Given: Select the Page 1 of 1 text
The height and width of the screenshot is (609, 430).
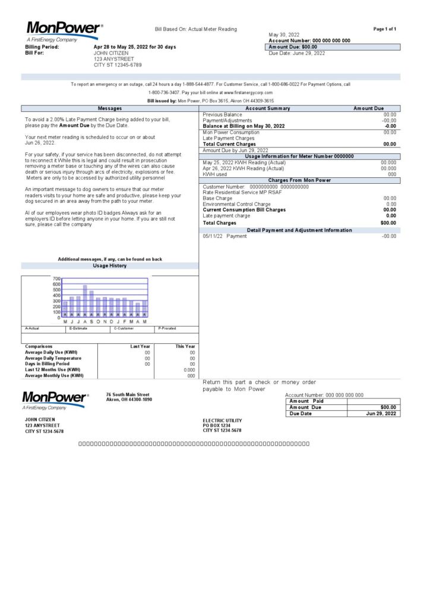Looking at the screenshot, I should (x=385, y=29).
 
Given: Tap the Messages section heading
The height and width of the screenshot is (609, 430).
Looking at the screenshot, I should (x=110, y=108).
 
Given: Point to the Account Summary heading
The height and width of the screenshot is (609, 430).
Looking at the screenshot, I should (x=268, y=108).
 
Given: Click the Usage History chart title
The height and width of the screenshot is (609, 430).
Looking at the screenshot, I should (x=110, y=266).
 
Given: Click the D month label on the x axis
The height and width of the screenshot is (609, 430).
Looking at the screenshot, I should (x=111, y=321).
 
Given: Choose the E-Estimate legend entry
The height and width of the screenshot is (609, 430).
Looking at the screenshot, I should (x=79, y=328).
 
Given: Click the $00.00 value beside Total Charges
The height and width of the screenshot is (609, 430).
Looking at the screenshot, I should (x=388, y=223).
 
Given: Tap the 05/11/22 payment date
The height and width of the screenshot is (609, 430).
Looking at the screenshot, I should (x=212, y=236).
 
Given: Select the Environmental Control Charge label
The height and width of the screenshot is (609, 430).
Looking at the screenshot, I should (x=236, y=204).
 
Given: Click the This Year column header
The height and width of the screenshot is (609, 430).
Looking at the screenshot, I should (x=185, y=346).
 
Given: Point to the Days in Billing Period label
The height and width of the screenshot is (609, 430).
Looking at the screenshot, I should (x=47, y=364).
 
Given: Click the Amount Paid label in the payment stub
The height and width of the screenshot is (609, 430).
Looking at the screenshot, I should (x=306, y=401).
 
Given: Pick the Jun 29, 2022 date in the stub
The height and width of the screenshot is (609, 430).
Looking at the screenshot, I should (x=381, y=413).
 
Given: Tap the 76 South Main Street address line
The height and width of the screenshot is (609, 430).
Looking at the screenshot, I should (x=128, y=394).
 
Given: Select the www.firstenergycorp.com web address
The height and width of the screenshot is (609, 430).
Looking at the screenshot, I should (x=248, y=93).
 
